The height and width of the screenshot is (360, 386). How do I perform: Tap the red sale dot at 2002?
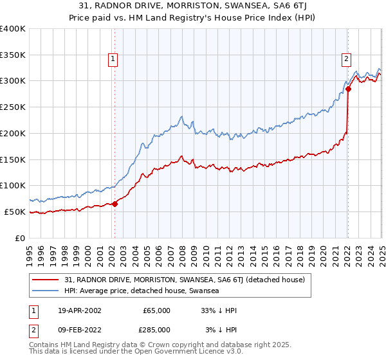pyautogui.click(x=115, y=204)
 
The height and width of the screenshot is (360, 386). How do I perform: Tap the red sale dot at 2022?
pyautogui.click(x=348, y=89)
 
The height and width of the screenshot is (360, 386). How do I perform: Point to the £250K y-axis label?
pyautogui.click(x=14, y=107)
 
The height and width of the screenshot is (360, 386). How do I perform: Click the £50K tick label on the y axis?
pyautogui.click(x=15, y=212)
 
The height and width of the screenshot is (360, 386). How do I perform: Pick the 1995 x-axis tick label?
pyautogui.click(x=30, y=251)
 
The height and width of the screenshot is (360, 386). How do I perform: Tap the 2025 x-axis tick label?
pyautogui.click(x=381, y=251)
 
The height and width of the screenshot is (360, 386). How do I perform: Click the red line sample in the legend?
pyautogui.click(x=46, y=280)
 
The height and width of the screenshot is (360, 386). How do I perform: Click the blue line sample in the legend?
pyautogui.click(x=46, y=291)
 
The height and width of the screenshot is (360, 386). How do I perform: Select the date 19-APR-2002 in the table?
pyautogui.click(x=80, y=310)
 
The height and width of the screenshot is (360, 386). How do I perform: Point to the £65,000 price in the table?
pyautogui.click(x=156, y=310)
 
